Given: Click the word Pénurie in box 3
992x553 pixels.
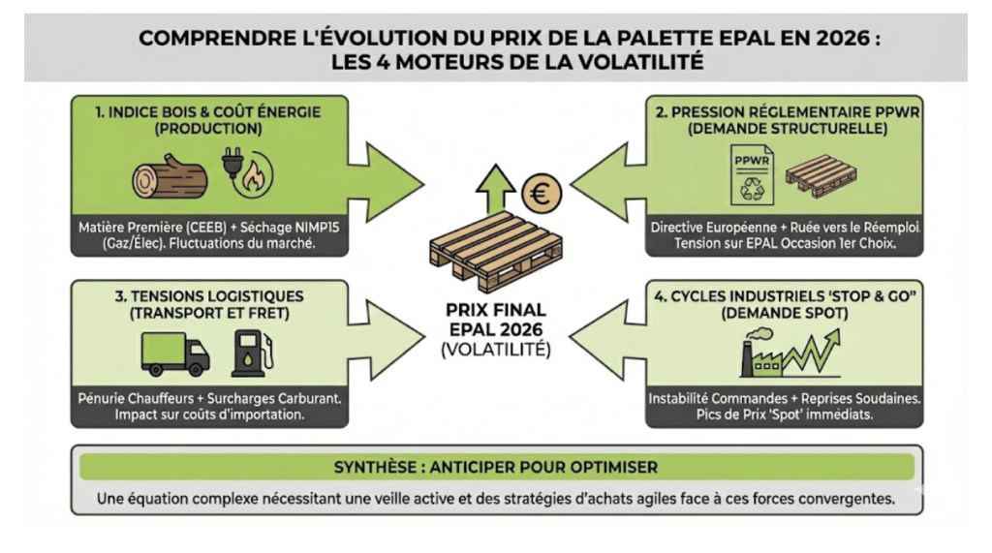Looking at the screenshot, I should pyautogui.click(x=111, y=400).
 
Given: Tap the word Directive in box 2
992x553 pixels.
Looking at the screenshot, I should pyautogui.click(x=689, y=227).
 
